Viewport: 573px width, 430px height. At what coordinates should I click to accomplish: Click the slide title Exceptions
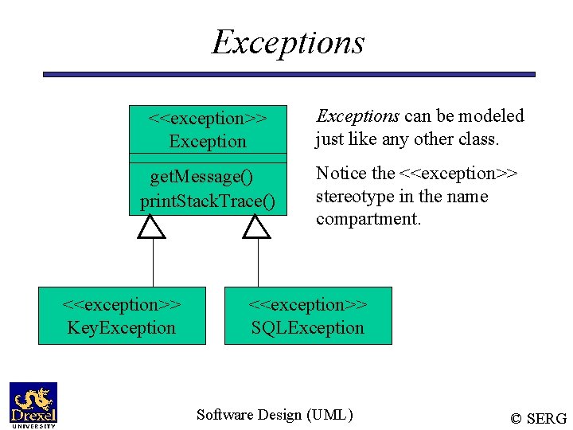point(287,42)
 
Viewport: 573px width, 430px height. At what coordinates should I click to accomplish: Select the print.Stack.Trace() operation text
point(208,201)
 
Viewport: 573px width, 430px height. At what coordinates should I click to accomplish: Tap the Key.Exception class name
point(122,328)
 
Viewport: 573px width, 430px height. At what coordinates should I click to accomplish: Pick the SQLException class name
point(307,328)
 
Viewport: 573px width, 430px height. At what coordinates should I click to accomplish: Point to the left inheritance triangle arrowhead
point(151,228)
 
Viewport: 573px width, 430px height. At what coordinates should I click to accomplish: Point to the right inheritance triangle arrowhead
point(256,228)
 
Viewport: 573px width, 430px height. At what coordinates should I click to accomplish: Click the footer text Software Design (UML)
point(275,414)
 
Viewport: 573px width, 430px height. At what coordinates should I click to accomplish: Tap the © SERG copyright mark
point(538,418)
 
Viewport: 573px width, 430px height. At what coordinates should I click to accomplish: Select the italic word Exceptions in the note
point(357,116)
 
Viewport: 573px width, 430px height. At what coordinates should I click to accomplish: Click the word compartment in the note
point(368,219)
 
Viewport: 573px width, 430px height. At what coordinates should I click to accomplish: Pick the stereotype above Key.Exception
point(122,305)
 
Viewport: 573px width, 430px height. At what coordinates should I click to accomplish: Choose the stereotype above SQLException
point(307,305)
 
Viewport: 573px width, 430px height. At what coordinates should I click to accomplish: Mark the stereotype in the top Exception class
point(208,119)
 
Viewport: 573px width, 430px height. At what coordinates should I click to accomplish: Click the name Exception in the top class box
point(208,142)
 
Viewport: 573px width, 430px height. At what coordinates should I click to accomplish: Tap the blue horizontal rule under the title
point(288,74)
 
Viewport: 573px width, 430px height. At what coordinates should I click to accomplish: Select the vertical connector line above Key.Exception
point(152,263)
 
